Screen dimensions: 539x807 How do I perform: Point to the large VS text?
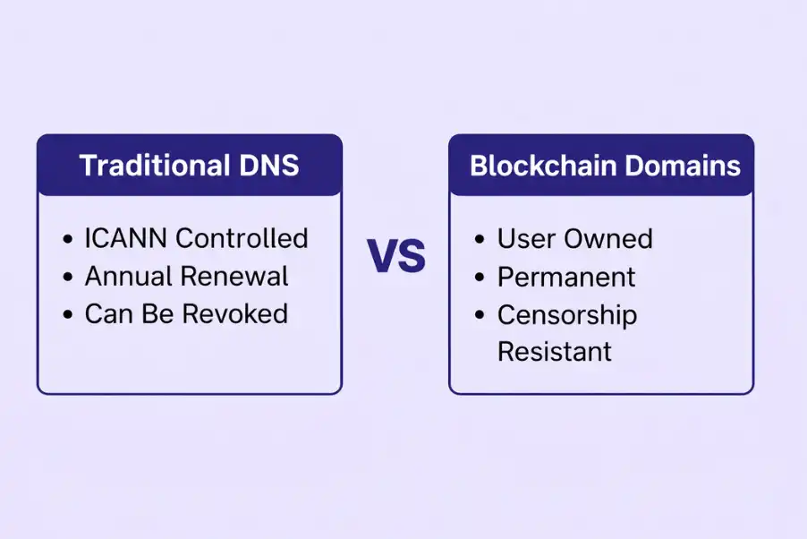[396, 257]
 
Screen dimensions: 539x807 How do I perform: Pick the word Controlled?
[242, 238]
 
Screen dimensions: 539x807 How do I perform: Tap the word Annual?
[128, 277]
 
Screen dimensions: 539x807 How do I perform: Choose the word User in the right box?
[528, 239]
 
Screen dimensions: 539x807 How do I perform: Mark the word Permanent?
[566, 278]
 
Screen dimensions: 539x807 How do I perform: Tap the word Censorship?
[567, 315]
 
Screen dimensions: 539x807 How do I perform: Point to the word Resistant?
[555, 352]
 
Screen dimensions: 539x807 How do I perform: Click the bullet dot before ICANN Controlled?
[69, 240]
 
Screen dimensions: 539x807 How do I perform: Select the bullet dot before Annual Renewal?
[69, 278]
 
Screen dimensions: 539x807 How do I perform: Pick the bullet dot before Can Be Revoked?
[69, 315]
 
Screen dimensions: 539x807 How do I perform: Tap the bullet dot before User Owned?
[481, 240]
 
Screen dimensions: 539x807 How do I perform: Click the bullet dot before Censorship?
[481, 316]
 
